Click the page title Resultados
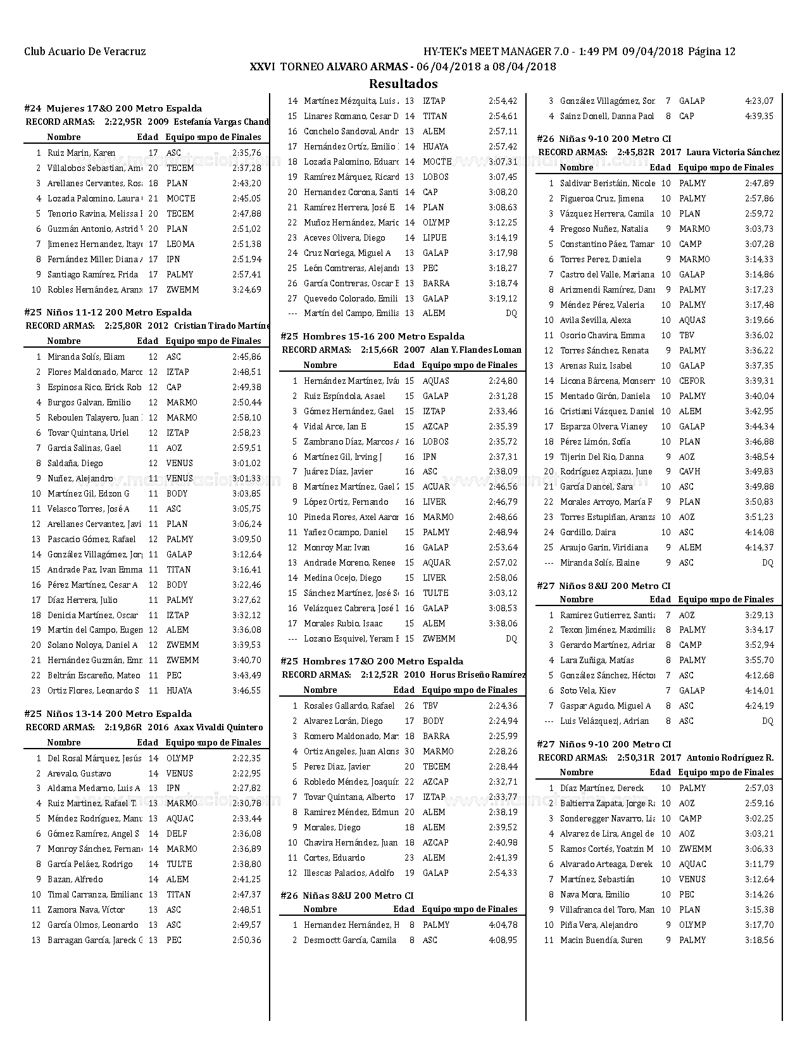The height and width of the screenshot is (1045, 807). (x=403, y=84)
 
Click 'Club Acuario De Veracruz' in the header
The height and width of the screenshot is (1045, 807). (x=85, y=52)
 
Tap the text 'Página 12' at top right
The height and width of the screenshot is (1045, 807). (x=711, y=52)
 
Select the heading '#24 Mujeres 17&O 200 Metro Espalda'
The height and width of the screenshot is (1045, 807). (x=113, y=108)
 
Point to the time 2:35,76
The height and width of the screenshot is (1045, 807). (x=246, y=153)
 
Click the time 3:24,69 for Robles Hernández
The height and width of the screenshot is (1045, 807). (x=246, y=289)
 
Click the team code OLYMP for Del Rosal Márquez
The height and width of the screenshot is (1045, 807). (x=180, y=758)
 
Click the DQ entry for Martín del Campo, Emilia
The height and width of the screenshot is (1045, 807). (x=511, y=313)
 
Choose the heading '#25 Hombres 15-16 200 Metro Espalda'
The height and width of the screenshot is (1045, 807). (x=372, y=336)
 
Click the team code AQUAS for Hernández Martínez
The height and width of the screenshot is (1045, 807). (x=436, y=381)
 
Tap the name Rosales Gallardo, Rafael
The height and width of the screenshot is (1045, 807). (x=349, y=706)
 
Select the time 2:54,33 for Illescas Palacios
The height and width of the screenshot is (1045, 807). (x=503, y=873)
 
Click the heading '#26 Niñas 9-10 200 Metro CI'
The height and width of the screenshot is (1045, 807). (x=604, y=139)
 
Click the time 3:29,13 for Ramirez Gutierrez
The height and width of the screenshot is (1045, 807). (x=759, y=615)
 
